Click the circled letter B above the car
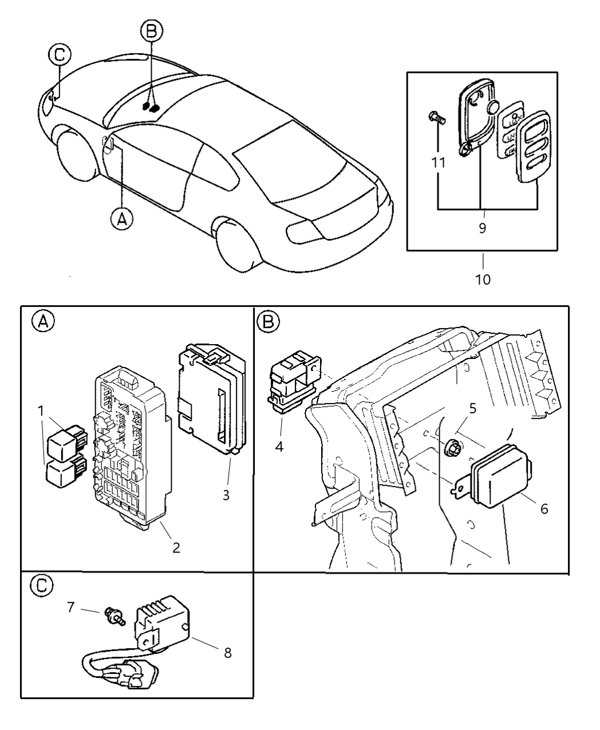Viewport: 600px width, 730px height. (151, 31)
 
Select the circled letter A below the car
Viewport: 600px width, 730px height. (121, 218)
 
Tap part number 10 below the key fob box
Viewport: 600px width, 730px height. (483, 279)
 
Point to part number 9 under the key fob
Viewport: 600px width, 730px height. (482, 228)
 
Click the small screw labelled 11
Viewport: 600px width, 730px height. (437, 119)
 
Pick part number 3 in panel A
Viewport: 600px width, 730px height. (226, 495)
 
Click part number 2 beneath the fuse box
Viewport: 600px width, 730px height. (176, 547)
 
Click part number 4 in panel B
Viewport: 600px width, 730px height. (279, 446)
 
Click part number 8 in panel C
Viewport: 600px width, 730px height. (227, 652)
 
